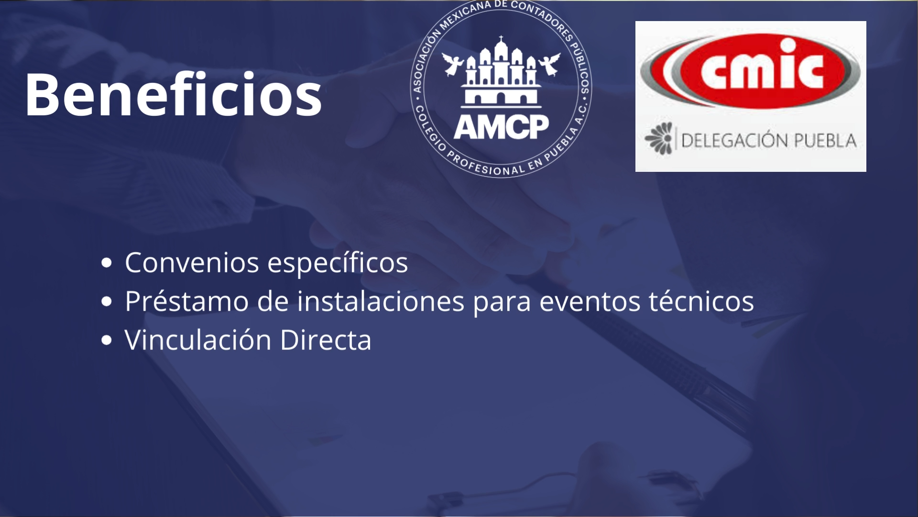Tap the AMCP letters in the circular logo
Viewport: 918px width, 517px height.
pos(501,127)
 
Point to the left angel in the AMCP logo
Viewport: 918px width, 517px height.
pos(452,64)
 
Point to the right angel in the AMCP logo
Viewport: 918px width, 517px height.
pos(550,64)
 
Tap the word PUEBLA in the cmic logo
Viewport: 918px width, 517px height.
pos(825,140)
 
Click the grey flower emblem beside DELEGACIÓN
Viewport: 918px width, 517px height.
pos(659,138)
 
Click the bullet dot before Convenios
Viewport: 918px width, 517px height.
pos(107,262)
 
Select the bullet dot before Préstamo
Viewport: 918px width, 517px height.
pos(107,301)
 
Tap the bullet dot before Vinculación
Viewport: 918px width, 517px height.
pos(107,340)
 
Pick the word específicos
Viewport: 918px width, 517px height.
pos(338,263)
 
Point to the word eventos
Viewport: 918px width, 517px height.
pos(590,302)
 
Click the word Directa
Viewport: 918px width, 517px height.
pos(326,339)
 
